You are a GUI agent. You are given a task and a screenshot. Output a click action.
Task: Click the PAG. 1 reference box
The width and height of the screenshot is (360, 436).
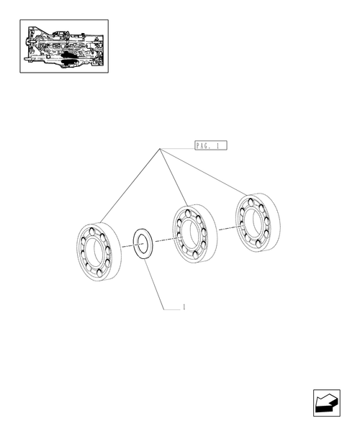tap(211, 145)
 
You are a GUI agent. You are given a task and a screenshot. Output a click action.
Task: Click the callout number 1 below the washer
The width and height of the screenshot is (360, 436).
tap(184, 307)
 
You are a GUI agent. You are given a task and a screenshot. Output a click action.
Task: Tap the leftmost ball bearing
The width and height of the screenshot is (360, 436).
tap(99, 252)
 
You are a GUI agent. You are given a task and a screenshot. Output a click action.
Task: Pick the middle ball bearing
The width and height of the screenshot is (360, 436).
tap(194, 234)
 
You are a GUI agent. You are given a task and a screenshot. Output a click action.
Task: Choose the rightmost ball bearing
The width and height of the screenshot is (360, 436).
tap(258, 222)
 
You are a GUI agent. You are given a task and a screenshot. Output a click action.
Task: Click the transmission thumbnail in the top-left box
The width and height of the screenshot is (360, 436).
tap(64, 47)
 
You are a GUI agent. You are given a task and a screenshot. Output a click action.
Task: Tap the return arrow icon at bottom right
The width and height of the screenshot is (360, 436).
tap(327, 403)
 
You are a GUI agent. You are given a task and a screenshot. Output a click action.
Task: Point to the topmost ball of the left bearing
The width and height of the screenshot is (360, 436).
tap(92, 231)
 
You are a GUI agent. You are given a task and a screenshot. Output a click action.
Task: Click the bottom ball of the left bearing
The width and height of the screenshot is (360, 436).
tap(99, 273)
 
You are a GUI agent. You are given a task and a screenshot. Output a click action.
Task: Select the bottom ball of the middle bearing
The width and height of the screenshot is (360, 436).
tap(195, 255)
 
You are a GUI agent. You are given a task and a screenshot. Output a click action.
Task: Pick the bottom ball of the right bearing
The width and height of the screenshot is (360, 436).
tap(258, 244)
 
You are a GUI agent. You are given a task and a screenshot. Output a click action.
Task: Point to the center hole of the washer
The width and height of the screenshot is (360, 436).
tap(143, 244)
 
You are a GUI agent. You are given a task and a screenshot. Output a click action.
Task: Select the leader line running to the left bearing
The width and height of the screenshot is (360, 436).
tap(130, 186)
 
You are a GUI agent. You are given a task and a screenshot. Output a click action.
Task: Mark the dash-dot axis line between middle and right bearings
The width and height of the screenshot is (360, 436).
tap(230, 228)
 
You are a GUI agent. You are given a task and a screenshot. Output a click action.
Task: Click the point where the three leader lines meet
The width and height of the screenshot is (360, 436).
tap(160, 149)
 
